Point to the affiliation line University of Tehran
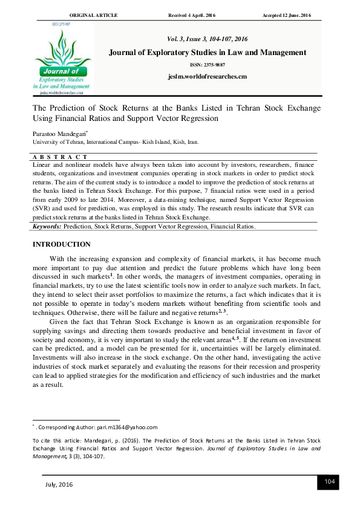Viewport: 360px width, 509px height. pos(114,143)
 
